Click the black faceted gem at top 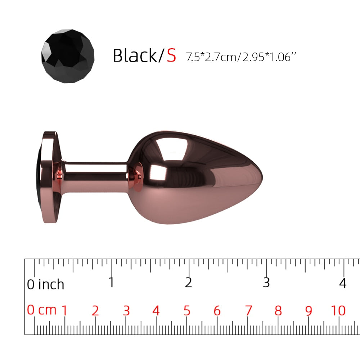coord(68,56)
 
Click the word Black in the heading coord(135,55)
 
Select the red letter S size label coord(171,55)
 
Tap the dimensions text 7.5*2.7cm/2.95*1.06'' coord(241,57)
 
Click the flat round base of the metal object coord(49,177)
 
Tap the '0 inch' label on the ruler coord(45,284)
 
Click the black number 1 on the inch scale coord(111,282)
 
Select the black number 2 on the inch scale coord(188,282)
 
